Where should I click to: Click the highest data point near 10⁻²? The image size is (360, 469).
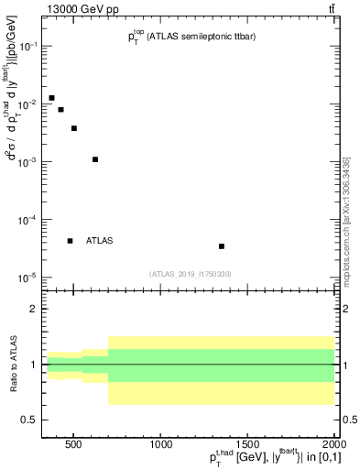(51, 98)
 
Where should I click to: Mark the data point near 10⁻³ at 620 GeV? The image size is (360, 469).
(95, 159)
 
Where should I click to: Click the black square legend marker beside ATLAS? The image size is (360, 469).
(70, 241)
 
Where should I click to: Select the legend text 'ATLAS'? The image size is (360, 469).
(99, 241)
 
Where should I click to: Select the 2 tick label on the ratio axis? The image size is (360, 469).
(34, 310)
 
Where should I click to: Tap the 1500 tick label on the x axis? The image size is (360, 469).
(247, 446)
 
